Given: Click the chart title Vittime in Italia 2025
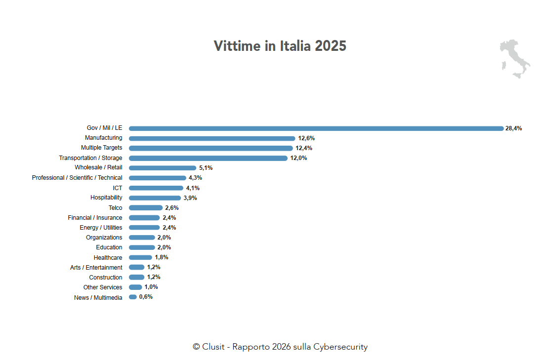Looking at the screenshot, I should click(x=280, y=46).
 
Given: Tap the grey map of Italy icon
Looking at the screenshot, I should click(x=514, y=59).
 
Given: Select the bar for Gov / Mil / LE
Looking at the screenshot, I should click(x=316, y=128).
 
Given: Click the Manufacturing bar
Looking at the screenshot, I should click(x=212, y=138).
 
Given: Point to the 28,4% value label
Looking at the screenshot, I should click(x=514, y=128).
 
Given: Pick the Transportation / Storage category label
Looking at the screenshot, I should click(x=90, y=158).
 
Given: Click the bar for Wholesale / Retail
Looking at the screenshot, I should click(x=163, y=168).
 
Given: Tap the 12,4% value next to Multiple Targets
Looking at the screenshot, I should click(x=304, y=148).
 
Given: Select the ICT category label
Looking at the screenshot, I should click(x=117, y=188).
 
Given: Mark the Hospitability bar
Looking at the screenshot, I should click(x=155, y=198).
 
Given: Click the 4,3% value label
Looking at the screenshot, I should click(x=195, y=178).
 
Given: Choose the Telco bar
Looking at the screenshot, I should click(x=146, y=208).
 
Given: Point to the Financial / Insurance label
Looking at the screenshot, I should click(x=95, y=218).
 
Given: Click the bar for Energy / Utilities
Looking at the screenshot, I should click(x=144, y=228).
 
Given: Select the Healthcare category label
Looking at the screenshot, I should click(x=108, y=258).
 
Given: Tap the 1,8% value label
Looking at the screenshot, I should click(x=162, y=257).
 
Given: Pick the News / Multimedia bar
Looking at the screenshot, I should click(x=133, y=297).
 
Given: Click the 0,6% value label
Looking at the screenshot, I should click(x=146, y=297).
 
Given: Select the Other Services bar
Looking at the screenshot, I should click(x=135, y=287).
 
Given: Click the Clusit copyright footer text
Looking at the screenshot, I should click(x=280, y=347).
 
